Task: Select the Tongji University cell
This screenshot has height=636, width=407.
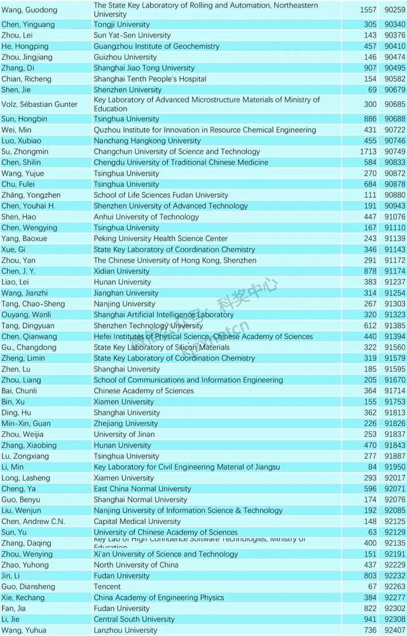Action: (121, 25)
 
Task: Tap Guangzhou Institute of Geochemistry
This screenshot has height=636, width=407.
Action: (156, 46)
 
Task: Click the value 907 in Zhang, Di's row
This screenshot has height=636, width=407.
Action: (369, 68)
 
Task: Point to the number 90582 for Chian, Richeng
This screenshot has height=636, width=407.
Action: (395, 79)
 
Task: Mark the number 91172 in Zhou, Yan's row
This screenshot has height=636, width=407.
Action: (395, 260)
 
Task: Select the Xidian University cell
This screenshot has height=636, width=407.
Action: (121, 271)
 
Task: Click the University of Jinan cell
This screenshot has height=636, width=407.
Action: (123, 434)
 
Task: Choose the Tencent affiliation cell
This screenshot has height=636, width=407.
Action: (107, 586)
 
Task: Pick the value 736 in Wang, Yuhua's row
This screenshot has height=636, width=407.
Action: (369, 630)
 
